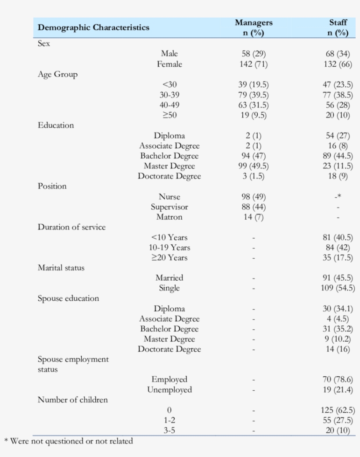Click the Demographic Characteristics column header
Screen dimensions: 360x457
pos(94,28)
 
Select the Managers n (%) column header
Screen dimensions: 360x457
pos(253,28)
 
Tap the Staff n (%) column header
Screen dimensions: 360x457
pos(338,28)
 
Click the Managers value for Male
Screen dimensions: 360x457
pos(253,54)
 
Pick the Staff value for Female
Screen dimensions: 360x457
pos(338,64)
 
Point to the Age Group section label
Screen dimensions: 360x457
pos(58,75)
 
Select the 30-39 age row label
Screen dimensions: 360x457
pos(169,95)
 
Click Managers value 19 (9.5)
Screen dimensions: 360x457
pos(253,115)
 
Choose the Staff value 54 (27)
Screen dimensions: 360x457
pos(338,136)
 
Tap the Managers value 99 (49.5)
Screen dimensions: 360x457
pos(253,166)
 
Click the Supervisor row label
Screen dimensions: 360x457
pos(169,207)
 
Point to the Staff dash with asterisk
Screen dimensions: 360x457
pos(338,197)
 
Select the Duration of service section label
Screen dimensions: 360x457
pos(72,227)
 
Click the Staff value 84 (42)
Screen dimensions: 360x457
pos(338,248)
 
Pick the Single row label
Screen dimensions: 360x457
pos(169,288)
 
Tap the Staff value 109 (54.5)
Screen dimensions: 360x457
pos(338,288)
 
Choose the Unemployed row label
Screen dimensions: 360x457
pos(169,390)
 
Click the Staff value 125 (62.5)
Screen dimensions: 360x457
pos(338,411)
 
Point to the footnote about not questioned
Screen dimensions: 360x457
pos(68,441)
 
